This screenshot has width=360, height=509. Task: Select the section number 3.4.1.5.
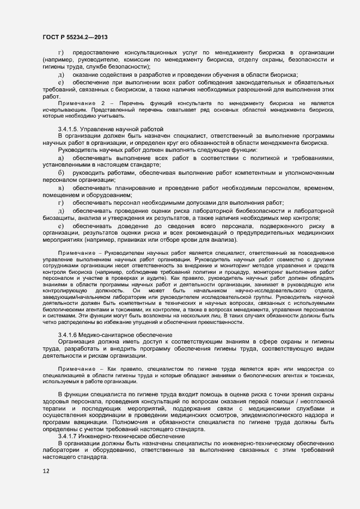click(x=69, y=128)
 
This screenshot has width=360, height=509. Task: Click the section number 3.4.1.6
click(x=69, y=334)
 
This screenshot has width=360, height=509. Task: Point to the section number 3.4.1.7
click(x=69, y=437)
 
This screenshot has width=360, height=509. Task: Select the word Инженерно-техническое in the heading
click(x=116, y=437)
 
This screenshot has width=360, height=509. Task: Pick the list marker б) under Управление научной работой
click(x=61, y=173)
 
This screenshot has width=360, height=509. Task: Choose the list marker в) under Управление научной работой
click(x=61, y=188)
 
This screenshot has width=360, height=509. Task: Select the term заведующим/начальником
click(x=74, y=298)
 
